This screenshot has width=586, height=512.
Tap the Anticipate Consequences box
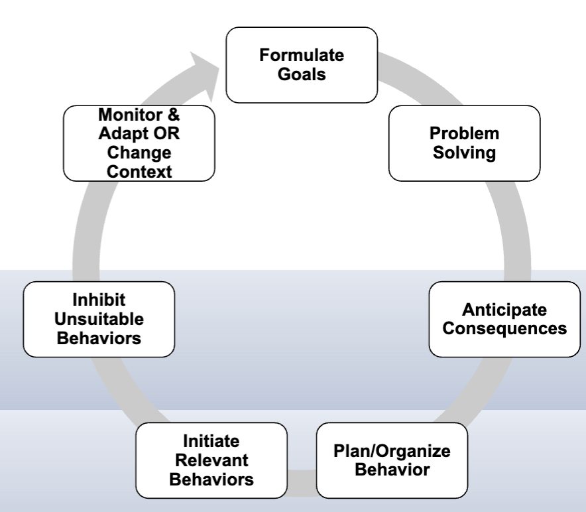504,319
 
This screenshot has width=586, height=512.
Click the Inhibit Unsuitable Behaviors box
98,319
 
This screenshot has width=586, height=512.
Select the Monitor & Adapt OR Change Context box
139,143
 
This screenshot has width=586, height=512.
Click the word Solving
464,153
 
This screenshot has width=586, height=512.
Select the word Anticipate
504,310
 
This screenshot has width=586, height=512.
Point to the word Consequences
504,328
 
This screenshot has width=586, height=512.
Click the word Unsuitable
98,319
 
